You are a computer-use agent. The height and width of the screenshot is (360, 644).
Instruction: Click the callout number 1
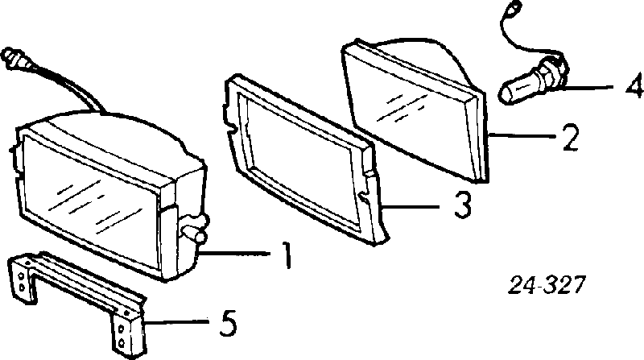click(287, 254)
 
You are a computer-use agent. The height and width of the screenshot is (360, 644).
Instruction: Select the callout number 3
click(462, 205)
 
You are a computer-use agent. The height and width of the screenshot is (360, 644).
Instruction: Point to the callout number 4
click(634, 86)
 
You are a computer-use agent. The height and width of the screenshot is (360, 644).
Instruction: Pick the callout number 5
click(228, 323)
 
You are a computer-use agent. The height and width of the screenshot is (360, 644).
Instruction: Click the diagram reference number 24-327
click(546, 285)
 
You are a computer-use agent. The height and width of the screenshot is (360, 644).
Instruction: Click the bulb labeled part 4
click(533, 82)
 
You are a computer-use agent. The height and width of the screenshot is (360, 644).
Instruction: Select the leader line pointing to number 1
click(235, 254)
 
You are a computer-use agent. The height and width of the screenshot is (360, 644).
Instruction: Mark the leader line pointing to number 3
click(413, 205)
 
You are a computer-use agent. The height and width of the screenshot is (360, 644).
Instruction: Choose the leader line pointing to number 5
click(177, 322)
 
